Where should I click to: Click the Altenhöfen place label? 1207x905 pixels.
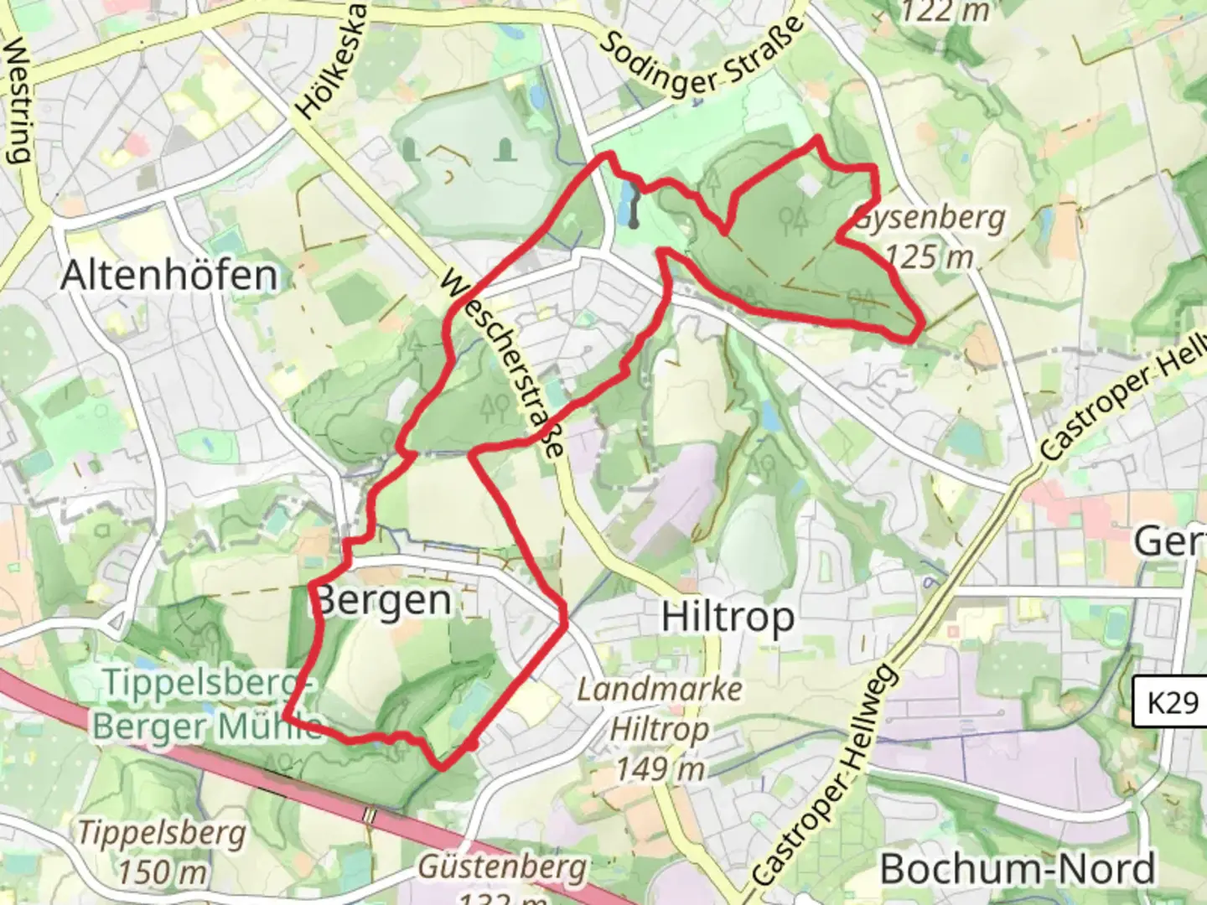168,275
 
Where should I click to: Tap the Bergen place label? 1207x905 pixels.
385,600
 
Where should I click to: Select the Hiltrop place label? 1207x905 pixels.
728,618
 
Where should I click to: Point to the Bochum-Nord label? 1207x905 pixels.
1018,869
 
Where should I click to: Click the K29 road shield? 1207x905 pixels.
1172,701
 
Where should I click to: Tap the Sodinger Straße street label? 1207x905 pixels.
702,57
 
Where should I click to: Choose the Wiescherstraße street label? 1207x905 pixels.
501,362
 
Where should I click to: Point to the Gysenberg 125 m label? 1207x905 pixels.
930,237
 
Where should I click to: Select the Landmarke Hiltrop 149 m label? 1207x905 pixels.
660,728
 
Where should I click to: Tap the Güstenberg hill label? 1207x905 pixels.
502,867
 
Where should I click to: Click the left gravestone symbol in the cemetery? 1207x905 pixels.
410,151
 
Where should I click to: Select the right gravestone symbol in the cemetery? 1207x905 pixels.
505,151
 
